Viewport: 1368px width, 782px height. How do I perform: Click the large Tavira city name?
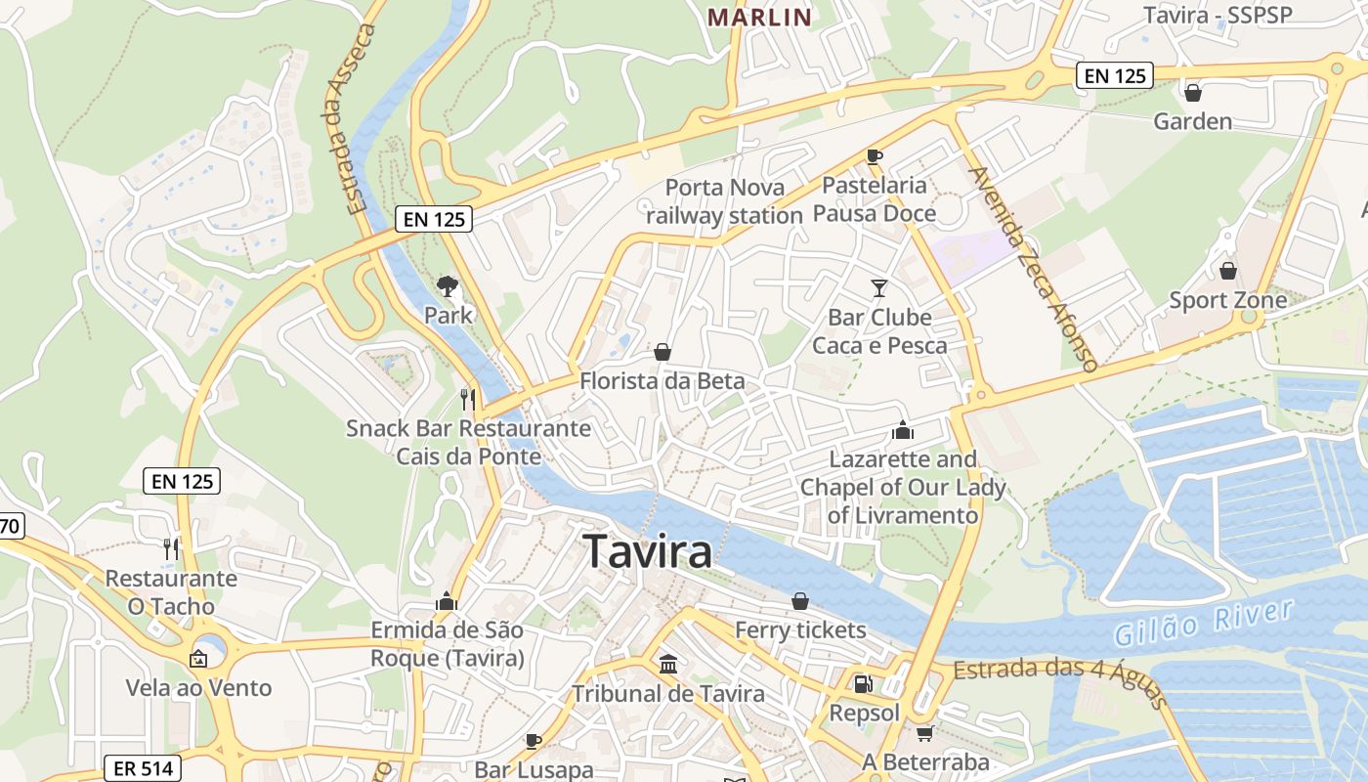(647, 552)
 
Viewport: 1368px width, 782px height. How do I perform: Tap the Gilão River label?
(1204, 623)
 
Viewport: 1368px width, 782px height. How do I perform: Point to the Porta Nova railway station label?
(723, 201)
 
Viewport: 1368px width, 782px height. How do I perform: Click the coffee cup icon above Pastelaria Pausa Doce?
(874, 156)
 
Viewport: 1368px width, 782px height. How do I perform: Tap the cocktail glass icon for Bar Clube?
(878, 287)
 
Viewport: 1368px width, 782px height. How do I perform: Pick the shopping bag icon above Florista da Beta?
(663, 352)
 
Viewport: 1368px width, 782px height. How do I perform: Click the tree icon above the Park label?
(448, 285)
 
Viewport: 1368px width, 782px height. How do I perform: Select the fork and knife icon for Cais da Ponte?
(468, 399)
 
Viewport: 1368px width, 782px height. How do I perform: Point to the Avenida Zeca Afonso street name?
(1033, 269)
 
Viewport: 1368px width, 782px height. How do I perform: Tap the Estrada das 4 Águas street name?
(1060, 680)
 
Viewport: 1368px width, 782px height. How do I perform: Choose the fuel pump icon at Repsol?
(862, 684)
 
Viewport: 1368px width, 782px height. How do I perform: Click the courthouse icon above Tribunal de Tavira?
(668, 665)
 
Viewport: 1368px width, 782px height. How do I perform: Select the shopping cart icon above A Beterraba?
(924, 732)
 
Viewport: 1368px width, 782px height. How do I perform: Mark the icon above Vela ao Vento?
(198, 659)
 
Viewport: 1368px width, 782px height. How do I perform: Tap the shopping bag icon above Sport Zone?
(1227, 270)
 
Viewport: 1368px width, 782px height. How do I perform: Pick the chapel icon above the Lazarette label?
(902, 430)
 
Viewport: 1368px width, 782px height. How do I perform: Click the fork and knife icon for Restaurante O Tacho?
(171, 548)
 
